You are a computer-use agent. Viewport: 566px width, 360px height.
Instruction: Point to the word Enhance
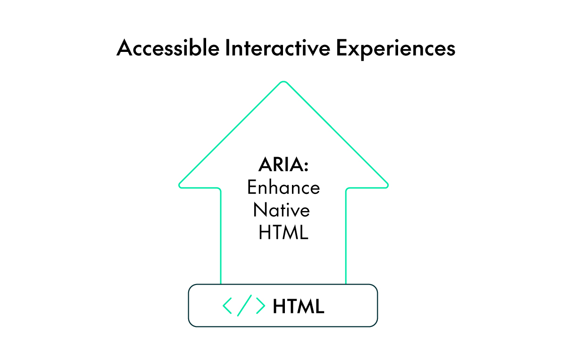pyautogui.click(x=283, y=188)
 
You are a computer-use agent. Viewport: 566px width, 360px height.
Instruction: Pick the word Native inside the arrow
pyautogui.click(x=282, y=210)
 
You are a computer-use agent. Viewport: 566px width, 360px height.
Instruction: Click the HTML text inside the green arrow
pyautogui.click(x=283, y=233)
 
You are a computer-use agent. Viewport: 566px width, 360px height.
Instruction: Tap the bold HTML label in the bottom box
pyautogui.click(x=299, y=307)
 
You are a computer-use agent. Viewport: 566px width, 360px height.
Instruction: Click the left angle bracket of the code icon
pyautogui.click(x=227, y=306)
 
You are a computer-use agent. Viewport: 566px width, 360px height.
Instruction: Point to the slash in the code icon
pyautogui.click(x=244, y=306)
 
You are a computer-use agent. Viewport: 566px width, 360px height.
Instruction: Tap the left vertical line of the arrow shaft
pyautogui.click(x=221, y=236)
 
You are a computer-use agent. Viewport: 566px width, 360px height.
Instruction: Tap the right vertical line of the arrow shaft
pyautogui.click(x=346, y=236)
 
